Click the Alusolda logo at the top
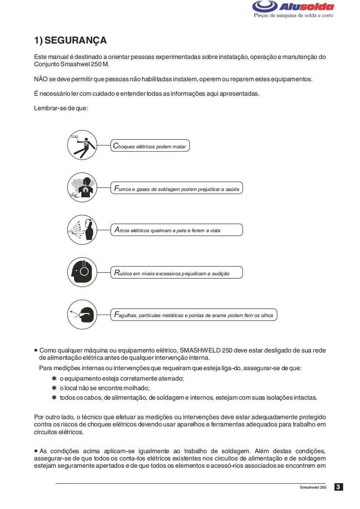click(293, 8)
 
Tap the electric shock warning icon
click(82, 145)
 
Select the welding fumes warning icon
click(82, 187)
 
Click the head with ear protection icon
click(82, 272)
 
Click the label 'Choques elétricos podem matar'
click(150, 147)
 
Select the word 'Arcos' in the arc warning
click(122, 230)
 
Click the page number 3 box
click(338, 487)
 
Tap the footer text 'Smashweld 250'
click(313, 487)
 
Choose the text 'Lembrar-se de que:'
click(61, 108)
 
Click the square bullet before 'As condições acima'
click(36, 451)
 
